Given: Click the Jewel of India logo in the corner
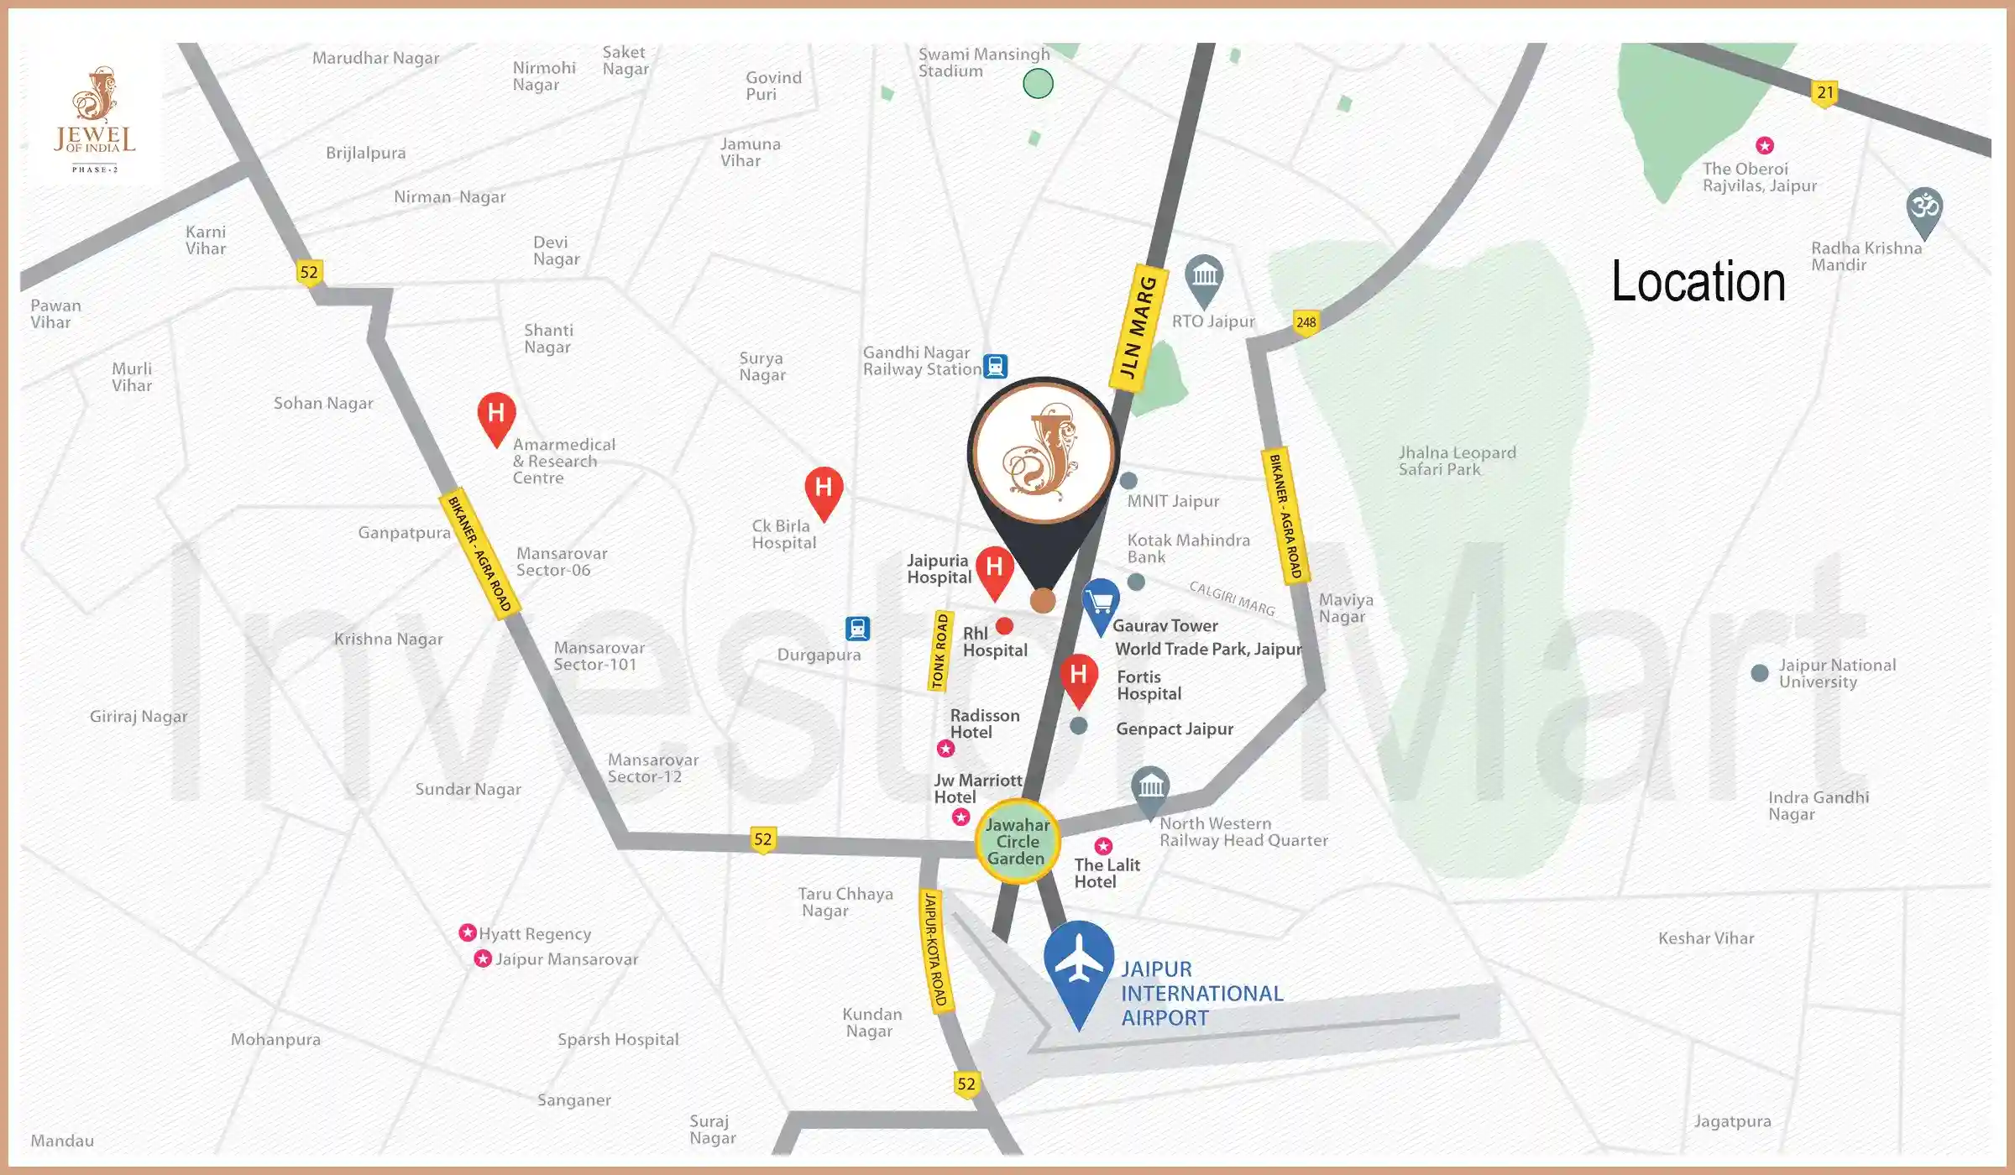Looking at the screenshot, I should (x=94, y=117).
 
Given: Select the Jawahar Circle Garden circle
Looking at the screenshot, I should (x=1018, y=841).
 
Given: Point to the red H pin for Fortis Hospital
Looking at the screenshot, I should (x=1079, y=676).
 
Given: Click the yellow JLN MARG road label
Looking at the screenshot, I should (x=1139, y=326).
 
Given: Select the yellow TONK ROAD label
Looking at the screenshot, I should (x=941, y=651).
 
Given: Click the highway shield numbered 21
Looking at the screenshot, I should (x=1824, y=93).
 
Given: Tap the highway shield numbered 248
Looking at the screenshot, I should (x=1306, y=322).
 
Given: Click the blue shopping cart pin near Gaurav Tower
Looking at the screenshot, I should (x=1100, y=603).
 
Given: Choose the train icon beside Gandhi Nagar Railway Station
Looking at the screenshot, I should (x=995, y=367).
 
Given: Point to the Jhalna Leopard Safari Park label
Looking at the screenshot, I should (x=1457, y=461).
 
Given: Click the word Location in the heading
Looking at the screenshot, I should (x=1698, y=282).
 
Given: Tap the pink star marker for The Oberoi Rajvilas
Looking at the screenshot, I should (x=1765, y=146).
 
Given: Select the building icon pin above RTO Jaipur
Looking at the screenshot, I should (x=1204, y=276).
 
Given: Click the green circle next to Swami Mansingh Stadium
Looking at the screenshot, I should (x=1038, y=84).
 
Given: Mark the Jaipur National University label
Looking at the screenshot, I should (x=1837, y=673).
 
